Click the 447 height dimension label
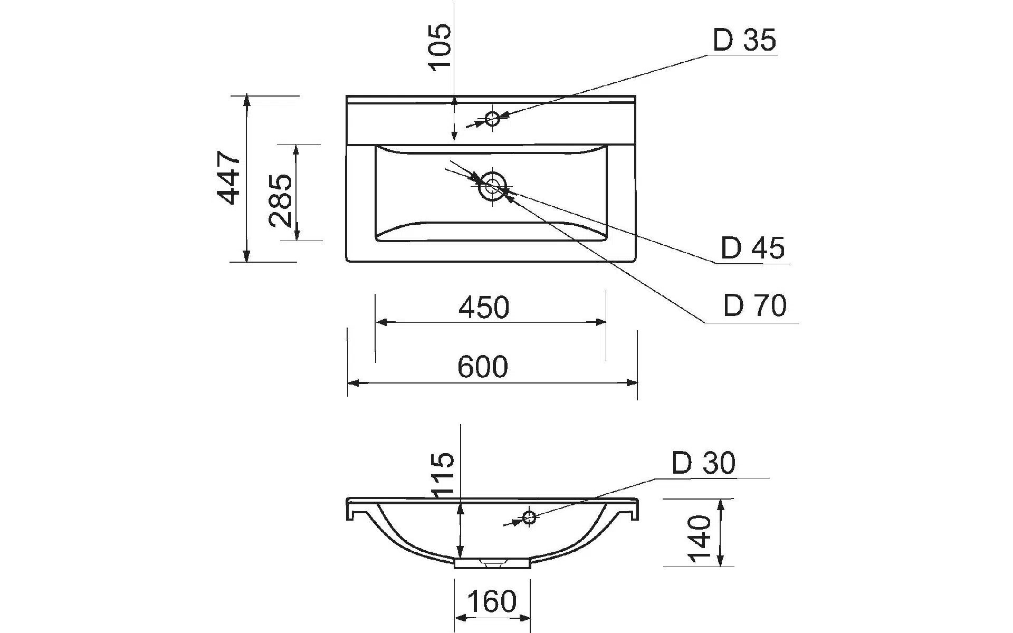(229, 178)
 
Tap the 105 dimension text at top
(440, 46)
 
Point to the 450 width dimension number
(484, 308)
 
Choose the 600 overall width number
(483, 367)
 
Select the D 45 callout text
(753, 248)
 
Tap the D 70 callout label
(755, 305)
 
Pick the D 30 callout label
(703, 463)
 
